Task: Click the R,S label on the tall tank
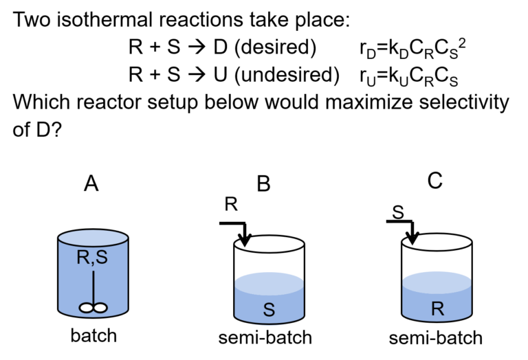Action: click(93, 259)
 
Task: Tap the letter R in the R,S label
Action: click(83, 259)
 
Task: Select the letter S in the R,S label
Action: click(102, 259)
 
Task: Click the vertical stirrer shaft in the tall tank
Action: click(93, 285)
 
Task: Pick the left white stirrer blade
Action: click(87, 308)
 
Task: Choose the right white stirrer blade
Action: click(100, 308)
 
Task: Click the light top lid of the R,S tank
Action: click(93, 238)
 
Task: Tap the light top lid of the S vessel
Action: click(269, 282)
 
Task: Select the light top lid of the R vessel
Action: click(437, 280)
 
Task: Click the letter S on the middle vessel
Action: click(269, 311)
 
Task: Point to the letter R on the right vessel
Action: click(437, 309)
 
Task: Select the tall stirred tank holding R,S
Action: click(93, 275)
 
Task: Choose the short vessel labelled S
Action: click(269, 300)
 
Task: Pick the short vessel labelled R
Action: click(437, 297)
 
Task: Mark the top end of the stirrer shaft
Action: click(93, 271)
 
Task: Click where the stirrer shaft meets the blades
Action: click(93, 304)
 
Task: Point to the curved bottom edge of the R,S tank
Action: click(93, 317)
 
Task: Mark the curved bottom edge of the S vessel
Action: click(269, 324)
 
